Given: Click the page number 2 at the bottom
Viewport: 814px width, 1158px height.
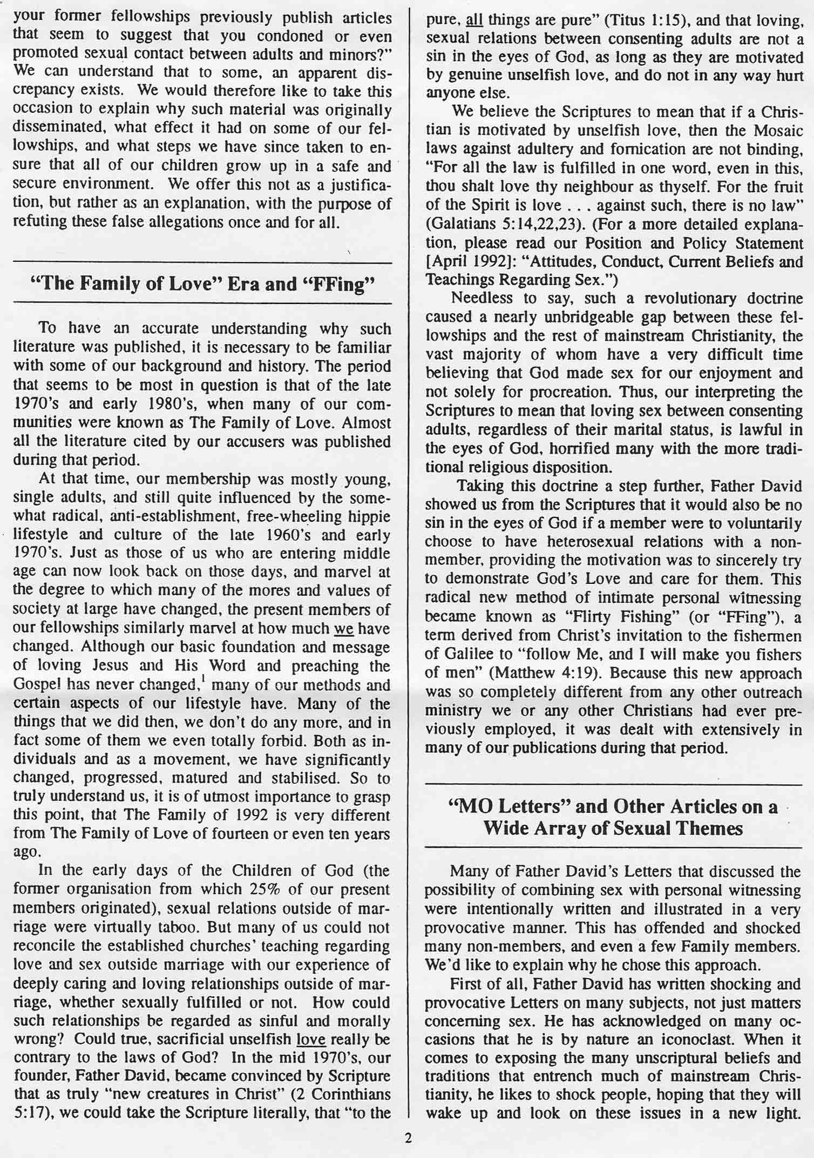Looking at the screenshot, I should coord(408,1138).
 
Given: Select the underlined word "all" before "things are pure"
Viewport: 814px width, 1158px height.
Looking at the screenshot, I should coord(473,21).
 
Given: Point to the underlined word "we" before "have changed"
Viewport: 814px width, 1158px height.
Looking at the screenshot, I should coord(343,629).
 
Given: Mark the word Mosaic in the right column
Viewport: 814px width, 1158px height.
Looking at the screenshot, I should coord(776,131).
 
